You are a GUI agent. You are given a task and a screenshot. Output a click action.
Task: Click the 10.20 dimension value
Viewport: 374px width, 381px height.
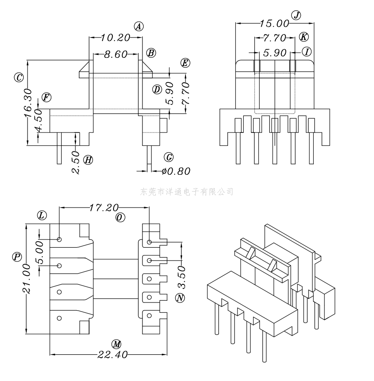point(115,38)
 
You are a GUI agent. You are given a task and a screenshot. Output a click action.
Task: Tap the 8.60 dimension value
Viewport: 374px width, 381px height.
point(116,54)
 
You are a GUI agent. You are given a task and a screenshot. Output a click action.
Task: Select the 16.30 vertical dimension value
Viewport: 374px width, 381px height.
point(28,103)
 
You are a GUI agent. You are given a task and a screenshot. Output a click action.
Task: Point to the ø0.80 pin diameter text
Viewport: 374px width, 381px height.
point(176,171)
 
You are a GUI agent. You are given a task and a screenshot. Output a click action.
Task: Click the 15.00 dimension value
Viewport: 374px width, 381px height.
point(275,24)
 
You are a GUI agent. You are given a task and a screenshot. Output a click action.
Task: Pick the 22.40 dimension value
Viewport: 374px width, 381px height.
point(112,355)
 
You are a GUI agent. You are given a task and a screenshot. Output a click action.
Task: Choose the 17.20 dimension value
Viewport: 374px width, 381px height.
point(104,208)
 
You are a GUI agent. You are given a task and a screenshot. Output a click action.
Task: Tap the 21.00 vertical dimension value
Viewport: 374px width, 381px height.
point(26,279)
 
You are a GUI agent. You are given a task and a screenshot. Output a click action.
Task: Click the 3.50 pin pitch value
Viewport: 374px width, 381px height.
point(182,277)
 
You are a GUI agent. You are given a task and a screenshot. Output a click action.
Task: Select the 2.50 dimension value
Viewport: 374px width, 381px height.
point(76,162)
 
